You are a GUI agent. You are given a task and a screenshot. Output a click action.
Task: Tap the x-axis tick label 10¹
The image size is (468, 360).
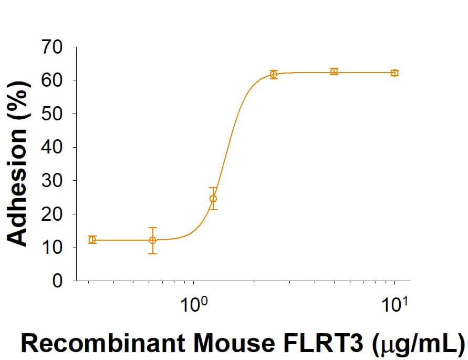tap(394, 304)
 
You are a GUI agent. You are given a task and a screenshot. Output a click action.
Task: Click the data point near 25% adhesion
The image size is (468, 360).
tap(213, 199)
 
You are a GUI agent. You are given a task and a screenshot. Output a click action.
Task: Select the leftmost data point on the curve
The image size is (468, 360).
tap(92, 240)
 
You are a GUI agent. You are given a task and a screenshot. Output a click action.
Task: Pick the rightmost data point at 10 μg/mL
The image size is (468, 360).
tap(394, 73)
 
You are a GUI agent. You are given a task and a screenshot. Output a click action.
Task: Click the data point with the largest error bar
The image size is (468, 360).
tap(152, 240)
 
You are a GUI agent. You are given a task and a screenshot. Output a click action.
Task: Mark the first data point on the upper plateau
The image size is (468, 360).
tap(274, 75)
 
